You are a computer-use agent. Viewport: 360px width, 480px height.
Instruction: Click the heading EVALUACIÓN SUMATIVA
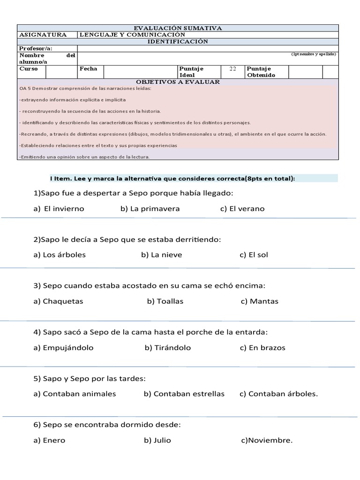point(178,28)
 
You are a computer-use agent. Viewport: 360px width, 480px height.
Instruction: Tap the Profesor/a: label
point(36,48)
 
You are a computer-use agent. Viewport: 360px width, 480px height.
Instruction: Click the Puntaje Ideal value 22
point(232,68)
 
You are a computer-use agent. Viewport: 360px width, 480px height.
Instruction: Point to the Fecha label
point(88,68)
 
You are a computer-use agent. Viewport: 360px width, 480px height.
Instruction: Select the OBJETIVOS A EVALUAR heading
point(178,82)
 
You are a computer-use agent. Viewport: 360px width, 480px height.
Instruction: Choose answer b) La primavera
point(150,209)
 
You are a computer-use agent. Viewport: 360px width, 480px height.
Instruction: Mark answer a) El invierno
point(59,209)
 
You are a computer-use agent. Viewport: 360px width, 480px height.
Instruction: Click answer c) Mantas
point(259,301)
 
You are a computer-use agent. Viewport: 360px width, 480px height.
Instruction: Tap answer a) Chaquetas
point(58,301)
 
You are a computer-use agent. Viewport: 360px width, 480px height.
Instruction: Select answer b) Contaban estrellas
point(184,394)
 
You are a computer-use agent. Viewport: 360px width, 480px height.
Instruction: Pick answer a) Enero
point(49,440)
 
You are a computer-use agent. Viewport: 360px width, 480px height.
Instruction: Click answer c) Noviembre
point(267,440)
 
